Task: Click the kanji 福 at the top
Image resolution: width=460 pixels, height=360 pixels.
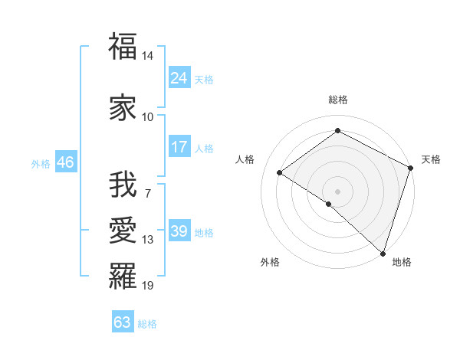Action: click(x=123, y=47)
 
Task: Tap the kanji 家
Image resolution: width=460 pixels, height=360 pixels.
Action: click(x=123, y=106)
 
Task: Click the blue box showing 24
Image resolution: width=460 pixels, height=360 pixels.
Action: click(x=179, y=78)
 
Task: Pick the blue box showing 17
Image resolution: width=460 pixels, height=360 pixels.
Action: click(x=179, y=147)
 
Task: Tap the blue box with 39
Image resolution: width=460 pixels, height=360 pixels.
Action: click(x=179, y=231)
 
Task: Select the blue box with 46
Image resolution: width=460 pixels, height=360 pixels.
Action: click(x=64, y=162)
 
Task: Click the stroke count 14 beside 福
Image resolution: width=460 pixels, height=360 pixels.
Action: click(x=148, y=57)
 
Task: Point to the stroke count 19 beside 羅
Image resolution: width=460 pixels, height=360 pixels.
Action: click(x=148, y=286)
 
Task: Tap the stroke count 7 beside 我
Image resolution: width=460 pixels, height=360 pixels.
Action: click(x=148, y=194)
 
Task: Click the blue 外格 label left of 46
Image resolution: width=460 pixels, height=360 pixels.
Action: click(x=41, y=164)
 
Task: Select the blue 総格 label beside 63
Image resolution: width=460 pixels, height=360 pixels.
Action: click(x=148, y=324)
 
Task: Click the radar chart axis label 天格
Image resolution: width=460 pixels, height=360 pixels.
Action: click(x=431, y=159)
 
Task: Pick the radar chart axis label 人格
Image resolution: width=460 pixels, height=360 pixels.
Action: click(x=245, y=159)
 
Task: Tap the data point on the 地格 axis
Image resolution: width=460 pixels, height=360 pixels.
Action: click(x=383, y=253)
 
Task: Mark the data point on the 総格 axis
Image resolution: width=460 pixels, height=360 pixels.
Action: click(x=337, y=131)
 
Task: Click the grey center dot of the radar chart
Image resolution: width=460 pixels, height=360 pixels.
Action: click(x=337, y=191)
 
